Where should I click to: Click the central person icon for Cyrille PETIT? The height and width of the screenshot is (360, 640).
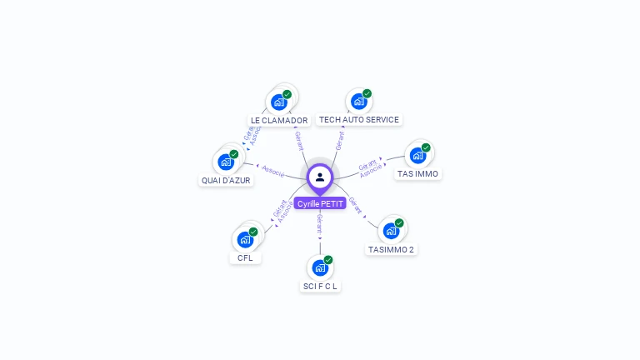(x=320, y=177)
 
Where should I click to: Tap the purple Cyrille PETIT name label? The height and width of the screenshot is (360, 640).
(x=320, y=203)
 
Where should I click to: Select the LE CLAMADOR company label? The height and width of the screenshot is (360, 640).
(x=279, y=120)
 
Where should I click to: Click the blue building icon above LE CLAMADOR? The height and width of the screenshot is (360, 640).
(x=279, y=102)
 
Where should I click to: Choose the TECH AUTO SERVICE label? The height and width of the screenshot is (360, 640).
(x=359, y=119)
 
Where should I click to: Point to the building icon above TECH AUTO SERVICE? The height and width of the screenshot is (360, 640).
(x=359, y=102)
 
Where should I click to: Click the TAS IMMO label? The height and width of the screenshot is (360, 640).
(x=417, y=173)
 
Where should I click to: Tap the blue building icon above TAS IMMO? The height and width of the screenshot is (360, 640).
(x=417, y=155)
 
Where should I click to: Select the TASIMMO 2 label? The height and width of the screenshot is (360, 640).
(x=391, y=249)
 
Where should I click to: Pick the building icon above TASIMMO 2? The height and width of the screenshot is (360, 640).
(x=391, y=231)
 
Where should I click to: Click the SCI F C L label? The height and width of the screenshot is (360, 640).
(x=321, y=286)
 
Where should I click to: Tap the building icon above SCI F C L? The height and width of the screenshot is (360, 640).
(x=320, y=267)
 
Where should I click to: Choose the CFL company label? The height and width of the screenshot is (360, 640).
(x=245, y=257)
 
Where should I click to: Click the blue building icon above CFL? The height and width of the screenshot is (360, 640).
(x=245, y=239)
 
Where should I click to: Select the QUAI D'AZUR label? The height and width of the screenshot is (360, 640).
(x=226, y=180)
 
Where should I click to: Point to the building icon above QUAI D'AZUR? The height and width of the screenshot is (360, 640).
(x=226, y=162)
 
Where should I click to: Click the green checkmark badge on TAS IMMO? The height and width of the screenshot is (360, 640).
(x=426, y=147)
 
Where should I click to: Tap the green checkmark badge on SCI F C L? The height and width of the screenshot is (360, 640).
(x=328, y=260)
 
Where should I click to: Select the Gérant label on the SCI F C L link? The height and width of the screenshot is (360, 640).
(x=320, y=222)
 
